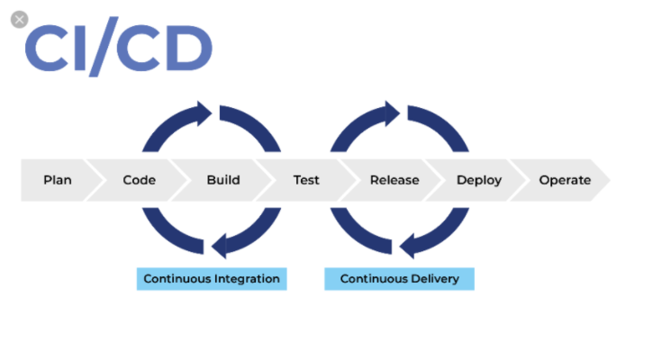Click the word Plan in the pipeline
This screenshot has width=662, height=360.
58,180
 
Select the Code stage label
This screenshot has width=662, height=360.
140,180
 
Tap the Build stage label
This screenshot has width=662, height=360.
223,180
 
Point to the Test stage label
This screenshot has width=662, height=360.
306,180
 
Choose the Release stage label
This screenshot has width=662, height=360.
394,180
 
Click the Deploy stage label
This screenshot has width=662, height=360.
479,180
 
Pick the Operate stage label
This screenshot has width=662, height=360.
565,180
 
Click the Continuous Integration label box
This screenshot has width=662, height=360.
212,279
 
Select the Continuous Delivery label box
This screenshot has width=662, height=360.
399,279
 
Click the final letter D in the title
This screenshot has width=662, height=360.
187,49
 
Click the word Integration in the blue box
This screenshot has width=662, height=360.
247,279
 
